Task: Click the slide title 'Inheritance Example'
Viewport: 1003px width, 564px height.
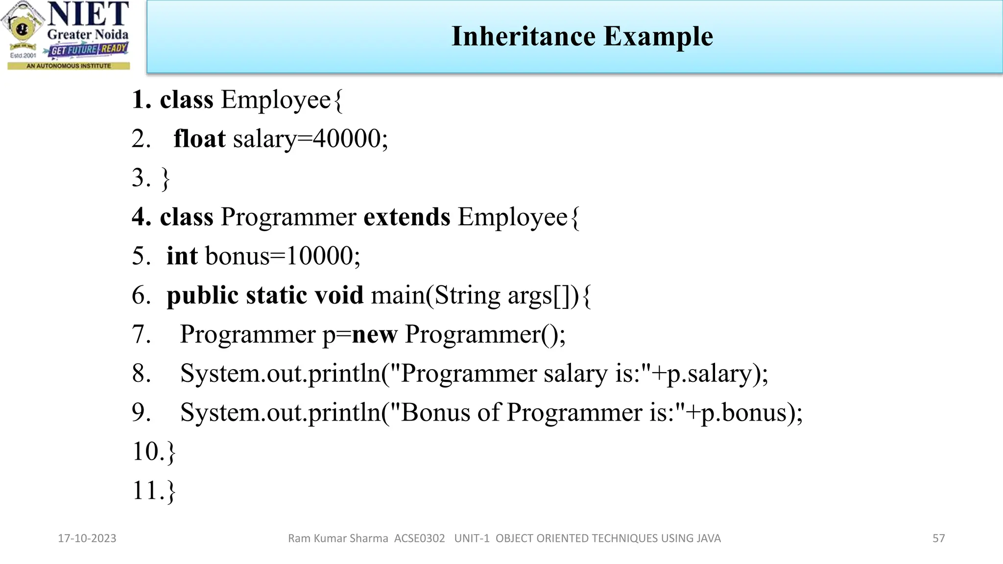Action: [x=582, y=36]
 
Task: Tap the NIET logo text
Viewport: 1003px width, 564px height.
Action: [x=88, y=15]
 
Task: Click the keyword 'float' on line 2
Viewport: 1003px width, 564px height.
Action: [x=199, y=139]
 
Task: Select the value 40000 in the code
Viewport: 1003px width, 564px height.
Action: [x=347, y=139]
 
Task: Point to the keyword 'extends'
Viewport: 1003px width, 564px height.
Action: [x=406, y=217]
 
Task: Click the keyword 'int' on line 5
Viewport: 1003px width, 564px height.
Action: [x=182, y=256]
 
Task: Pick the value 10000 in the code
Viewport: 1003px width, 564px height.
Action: [x=319, y=256]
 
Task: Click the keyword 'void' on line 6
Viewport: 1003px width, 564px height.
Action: [x=338, y=295]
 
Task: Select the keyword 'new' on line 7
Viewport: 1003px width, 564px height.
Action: [x=374, y=335]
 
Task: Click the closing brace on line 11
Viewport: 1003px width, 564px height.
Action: [x=171, y=491]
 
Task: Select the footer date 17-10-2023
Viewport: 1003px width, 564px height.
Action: [x=87, y=539]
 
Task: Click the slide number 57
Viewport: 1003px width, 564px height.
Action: [x=938, y=539]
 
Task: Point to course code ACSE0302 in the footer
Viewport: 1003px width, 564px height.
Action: [x=420, y=539]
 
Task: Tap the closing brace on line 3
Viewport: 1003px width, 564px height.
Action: [x=166, y=178]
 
